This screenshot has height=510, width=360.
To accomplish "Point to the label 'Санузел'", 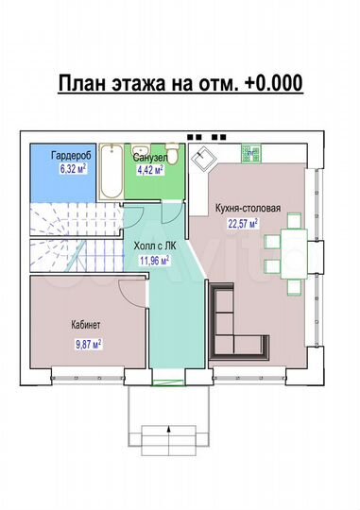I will coord(150,158).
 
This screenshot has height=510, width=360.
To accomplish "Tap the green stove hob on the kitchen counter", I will coord(251,148).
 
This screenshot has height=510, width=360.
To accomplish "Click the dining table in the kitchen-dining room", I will coord(293,254).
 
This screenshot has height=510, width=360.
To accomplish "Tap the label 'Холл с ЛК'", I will coord(153,245).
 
